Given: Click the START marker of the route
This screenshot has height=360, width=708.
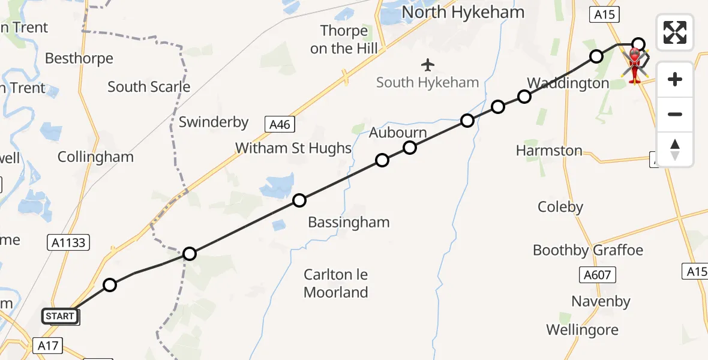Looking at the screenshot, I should (x=60, y=316).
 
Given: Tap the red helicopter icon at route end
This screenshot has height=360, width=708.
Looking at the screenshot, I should (x=635, y=64).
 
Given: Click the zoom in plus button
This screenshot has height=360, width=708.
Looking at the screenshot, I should (x=675, y=79).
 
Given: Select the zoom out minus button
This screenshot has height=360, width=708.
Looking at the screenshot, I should (x=675, y=114).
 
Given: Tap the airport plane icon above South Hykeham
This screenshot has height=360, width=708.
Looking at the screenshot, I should (x=427, y=64).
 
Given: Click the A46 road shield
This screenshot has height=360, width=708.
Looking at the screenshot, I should (x=280, y=124).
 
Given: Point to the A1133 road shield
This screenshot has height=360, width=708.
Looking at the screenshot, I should (x=68, y=242).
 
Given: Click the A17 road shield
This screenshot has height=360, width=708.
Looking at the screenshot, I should (x=47, y=345).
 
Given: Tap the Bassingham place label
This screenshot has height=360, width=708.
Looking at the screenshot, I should (x=349, y=223).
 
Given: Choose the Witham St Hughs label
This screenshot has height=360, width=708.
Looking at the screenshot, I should (x=293, y=148).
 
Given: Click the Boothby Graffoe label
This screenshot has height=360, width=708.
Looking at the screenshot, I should (x=587, y=250).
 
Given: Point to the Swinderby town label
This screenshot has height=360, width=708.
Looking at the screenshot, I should (x=214, y=122).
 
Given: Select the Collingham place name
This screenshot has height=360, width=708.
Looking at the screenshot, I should (x=95, y=157).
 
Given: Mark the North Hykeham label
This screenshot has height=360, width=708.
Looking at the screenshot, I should (x=463, y=12).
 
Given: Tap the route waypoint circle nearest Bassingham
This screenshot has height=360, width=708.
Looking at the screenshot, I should (x=299, y=200).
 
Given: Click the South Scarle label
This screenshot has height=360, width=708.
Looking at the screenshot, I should (x=149, y=87).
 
